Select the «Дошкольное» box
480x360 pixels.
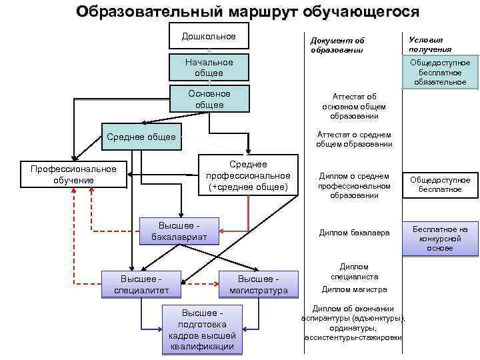coord(209,36)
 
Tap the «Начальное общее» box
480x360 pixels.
coord(209,67)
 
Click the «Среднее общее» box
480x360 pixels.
coord(141,137)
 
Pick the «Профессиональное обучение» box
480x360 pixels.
coord(73,175)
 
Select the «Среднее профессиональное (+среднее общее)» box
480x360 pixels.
coord(248,175)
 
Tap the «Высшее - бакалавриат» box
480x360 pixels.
coord(178,231)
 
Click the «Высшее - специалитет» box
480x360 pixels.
coord(140,284)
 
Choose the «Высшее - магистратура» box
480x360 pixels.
coord(258,284)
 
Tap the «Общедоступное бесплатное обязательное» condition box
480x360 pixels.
coord(439,72)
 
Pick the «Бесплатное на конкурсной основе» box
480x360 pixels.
coord(439,239)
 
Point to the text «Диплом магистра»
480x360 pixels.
coord(353,289)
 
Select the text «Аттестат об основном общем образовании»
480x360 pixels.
coord(353,106)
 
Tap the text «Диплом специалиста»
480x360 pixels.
coord(353,271)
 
